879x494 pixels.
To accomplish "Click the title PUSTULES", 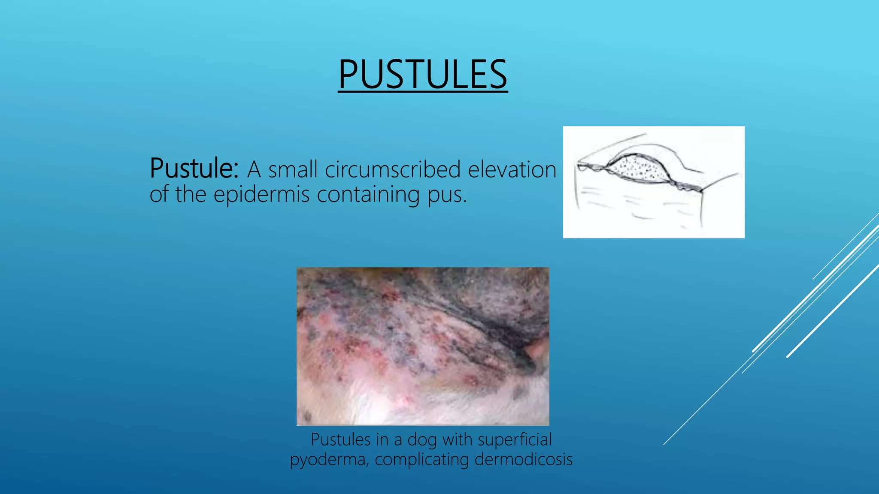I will tap(423, 75).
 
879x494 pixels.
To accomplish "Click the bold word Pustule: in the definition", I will tap(194, 169).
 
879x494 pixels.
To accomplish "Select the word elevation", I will tap(512, 169).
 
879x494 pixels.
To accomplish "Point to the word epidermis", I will tap(261, 195).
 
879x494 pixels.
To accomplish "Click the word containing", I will tap(368, 195).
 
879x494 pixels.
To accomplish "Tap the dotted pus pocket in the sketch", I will tap(638, 169).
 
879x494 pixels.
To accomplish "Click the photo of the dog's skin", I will tap(423, 346).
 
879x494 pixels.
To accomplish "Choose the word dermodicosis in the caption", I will tap(524, 459).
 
